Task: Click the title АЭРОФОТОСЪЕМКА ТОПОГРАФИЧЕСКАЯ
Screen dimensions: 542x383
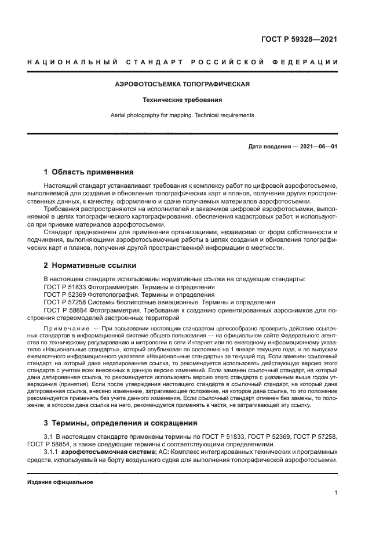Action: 182,84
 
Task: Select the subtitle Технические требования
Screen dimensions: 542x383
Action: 182,100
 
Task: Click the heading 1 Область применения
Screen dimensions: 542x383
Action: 89,172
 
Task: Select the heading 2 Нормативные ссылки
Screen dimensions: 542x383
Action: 90,265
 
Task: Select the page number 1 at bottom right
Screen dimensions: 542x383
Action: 335,493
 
